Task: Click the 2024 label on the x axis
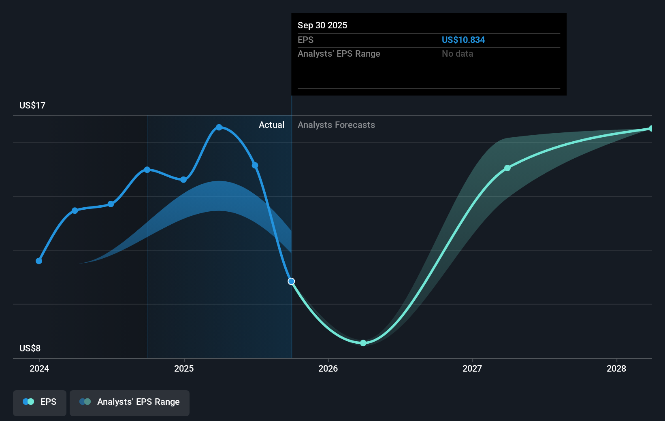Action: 39,368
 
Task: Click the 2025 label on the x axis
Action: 184,368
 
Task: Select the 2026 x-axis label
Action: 328,368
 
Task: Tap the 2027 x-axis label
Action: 472,368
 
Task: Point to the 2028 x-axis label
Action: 616,368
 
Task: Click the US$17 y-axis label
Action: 32,106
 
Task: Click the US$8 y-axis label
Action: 30,349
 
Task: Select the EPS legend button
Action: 40,402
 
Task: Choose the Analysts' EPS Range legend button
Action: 130,402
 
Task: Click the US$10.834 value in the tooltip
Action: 463,40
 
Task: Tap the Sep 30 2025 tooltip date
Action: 322,26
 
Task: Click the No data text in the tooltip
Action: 457,54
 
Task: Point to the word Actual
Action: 271,125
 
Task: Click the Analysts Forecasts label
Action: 336,125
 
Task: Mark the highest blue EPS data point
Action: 219,128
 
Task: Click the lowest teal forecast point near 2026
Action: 363,343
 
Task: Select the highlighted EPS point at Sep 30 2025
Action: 291,281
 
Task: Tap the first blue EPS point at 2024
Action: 39,261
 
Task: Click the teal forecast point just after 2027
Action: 507,168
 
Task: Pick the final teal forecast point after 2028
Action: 651,129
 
